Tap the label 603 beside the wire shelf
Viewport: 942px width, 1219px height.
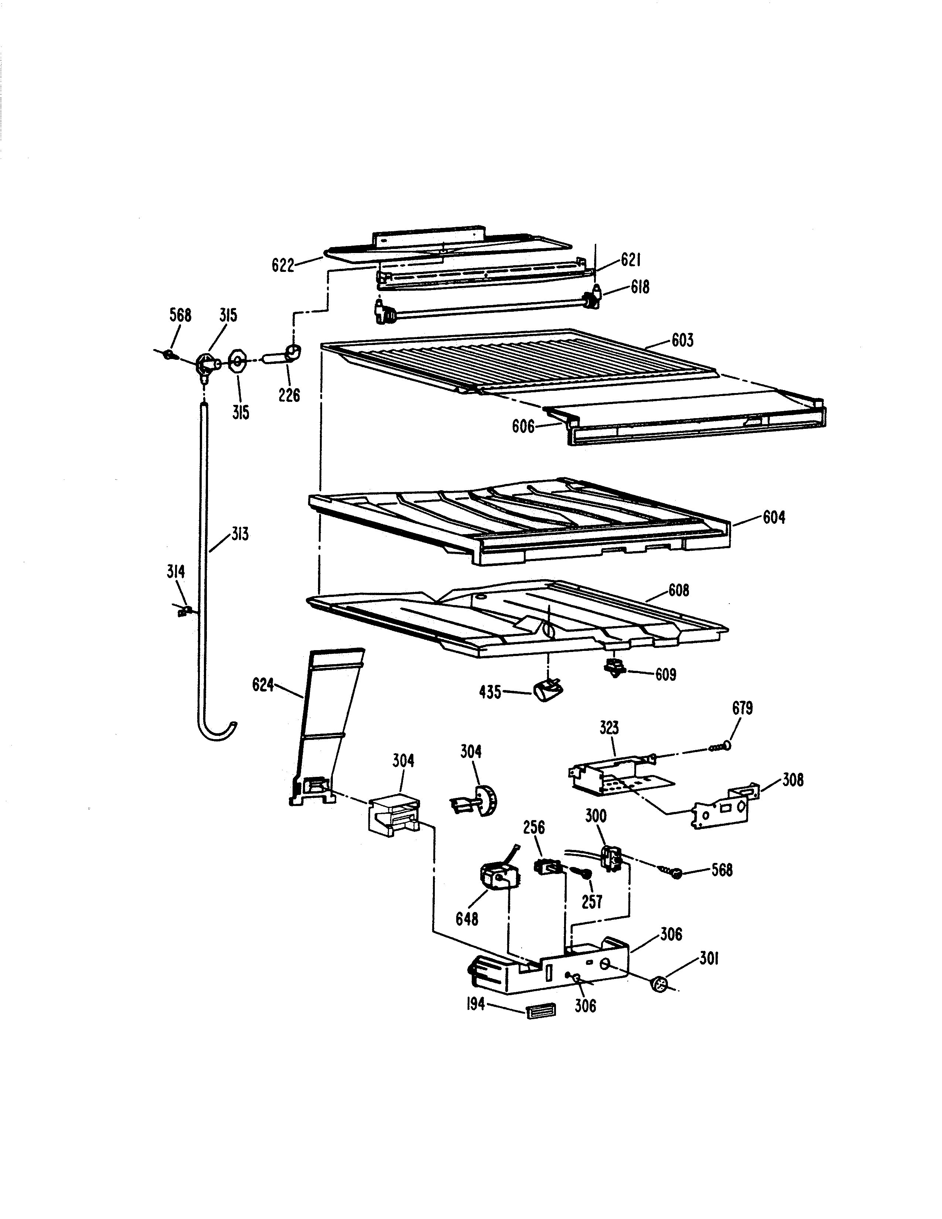tap(682, 340)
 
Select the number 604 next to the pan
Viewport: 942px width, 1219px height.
tap(774, 518)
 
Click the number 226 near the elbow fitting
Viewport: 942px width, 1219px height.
tap(289, 395)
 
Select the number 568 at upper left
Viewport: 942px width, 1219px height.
tap(180, 315)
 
